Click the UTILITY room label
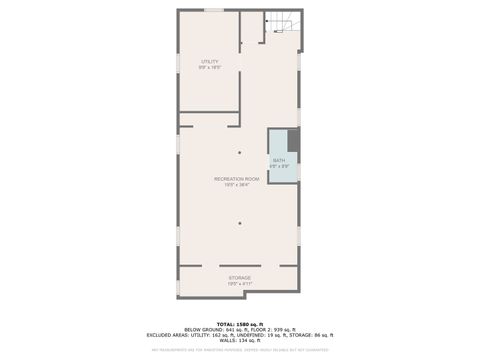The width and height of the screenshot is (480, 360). (210, 62)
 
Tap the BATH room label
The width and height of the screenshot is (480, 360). (279, 160)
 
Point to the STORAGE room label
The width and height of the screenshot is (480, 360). (239, 277)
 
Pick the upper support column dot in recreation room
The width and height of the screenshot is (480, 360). (239, 152)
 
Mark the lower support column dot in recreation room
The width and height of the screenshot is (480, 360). (239, 223)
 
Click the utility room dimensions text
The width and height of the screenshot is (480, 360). (210, 68)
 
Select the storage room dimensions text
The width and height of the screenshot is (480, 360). (239, 283)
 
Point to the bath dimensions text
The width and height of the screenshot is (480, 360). (279, 166)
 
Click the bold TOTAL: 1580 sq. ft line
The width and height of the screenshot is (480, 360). (239, 324)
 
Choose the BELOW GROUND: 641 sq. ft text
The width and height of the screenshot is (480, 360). (202, 329)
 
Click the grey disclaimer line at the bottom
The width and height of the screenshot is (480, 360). (239, 349)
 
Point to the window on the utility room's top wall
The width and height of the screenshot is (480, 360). (213, 11)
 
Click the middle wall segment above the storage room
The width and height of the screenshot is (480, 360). (239, 265)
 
